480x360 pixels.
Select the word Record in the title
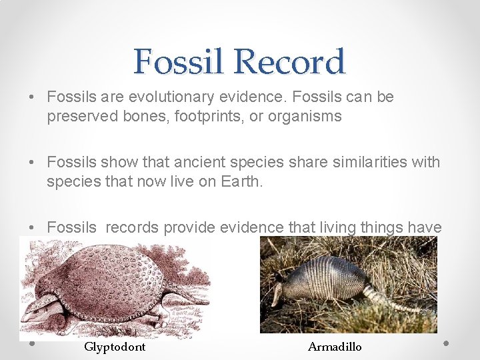click(289, 62)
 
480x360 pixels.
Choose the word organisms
click(309, 117)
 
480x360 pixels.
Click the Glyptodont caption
click(115, 347)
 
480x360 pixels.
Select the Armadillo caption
click(335, 347)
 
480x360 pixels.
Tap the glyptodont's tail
click(190, 293)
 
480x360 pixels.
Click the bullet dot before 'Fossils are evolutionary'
click(32, 97)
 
